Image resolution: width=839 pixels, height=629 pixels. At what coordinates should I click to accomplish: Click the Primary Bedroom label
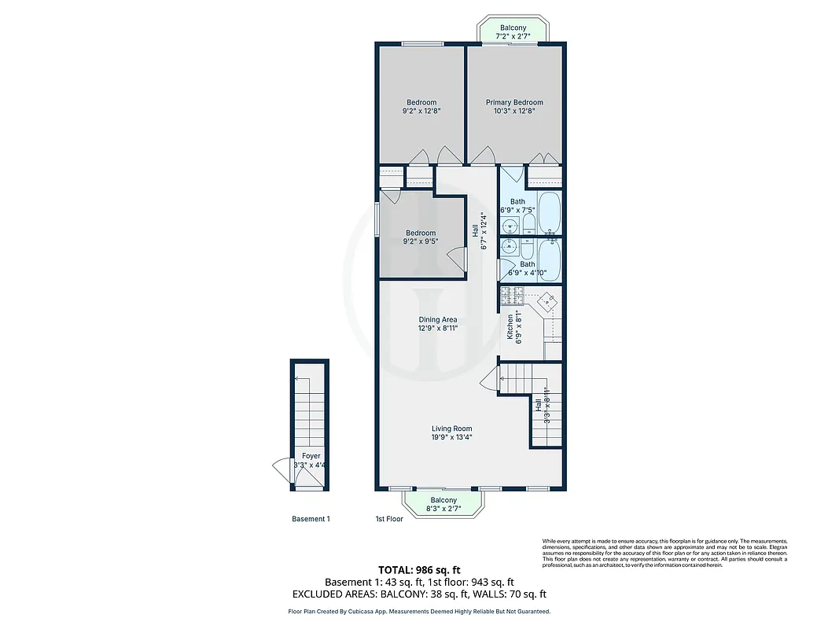pyautogui.click(x=514, y=102)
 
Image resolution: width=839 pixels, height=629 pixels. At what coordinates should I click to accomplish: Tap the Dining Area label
pyautogui.click(x=438, y=319)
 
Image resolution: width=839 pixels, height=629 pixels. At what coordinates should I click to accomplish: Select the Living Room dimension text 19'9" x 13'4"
pyautogui.click(x=451, y=437)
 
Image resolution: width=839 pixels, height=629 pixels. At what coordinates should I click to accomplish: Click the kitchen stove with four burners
pyautogui.click(x=512, y=296)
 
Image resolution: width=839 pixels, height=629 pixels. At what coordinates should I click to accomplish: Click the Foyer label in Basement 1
pyautogui.click(x=311, y=456)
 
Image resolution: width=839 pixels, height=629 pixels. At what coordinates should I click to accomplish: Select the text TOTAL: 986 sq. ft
pyautogui.click(x=419, y=569)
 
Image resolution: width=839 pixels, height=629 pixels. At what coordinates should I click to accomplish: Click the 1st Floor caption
pyautogui.click(x=389, y=519)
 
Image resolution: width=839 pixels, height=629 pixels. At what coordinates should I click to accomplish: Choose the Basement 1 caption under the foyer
pyautogui.click(x=311, y=519)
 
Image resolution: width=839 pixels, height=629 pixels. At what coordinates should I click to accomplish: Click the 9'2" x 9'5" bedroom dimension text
pyautogui.click(x=421, y=242)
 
